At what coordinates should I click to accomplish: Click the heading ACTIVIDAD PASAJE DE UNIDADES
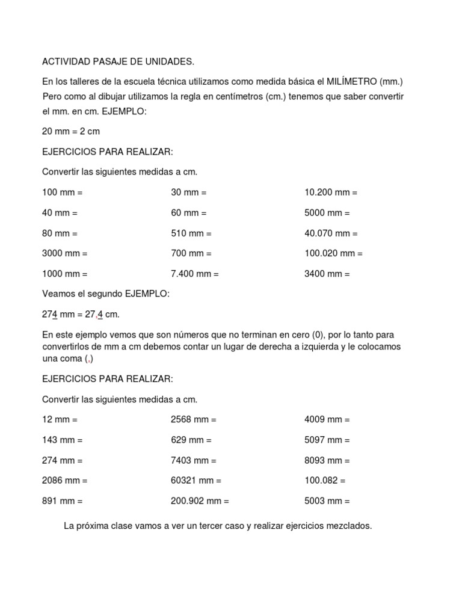(118, 62)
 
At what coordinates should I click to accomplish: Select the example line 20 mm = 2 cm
(71, 131)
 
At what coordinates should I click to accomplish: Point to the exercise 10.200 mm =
(331, 193)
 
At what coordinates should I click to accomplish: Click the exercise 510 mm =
(191, 233)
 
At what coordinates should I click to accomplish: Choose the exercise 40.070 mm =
(331, 233)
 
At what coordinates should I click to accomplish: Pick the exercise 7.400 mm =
(195, 274)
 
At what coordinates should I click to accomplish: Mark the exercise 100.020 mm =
(333, 254)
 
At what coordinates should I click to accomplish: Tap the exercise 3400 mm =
(327, 274)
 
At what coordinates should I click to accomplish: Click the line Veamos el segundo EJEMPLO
(106, 294)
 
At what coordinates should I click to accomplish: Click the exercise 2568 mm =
(194, 420)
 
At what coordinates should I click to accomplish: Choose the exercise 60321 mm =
(196, 481)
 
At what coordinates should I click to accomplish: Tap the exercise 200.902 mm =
(200, 500)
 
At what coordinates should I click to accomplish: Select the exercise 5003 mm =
(327, 500)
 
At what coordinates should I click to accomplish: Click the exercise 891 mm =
(63, 500)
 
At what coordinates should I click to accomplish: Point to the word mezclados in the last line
(351, 526)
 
